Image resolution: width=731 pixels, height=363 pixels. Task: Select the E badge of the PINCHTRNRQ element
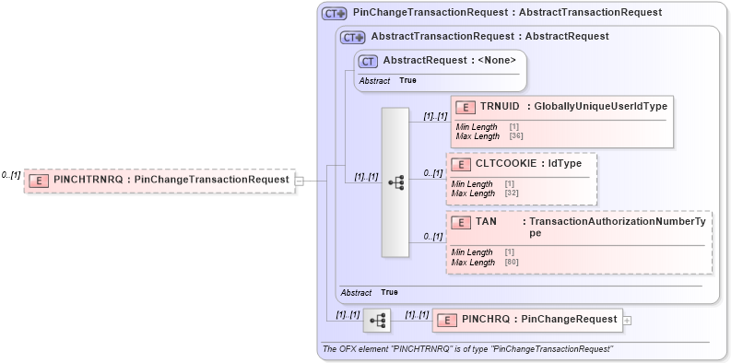coord(40,181)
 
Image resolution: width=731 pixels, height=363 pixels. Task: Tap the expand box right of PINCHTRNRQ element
coord(298,181)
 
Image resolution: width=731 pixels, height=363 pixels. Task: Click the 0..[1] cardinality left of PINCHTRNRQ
coord(11,175)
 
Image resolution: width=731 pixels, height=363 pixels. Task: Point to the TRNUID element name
coord(499,107)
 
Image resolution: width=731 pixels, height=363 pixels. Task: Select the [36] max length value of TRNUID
coord(515,136)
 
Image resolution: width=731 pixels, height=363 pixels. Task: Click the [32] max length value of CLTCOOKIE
coord(511,193)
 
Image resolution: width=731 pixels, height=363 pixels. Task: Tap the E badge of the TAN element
coord(460,223)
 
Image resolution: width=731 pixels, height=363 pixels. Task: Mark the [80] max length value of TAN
coord(511,263)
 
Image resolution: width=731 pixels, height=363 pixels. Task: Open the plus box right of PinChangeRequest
coord(628,320)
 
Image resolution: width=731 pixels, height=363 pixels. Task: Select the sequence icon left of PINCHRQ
coord(377,320)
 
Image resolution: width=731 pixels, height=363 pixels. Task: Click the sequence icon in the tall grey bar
coord(395,182)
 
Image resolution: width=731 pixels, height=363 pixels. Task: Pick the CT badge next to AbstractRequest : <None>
coord(368,61)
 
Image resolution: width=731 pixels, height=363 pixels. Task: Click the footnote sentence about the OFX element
coord(466,349)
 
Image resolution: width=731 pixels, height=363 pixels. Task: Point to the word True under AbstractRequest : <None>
coord(407,81)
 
